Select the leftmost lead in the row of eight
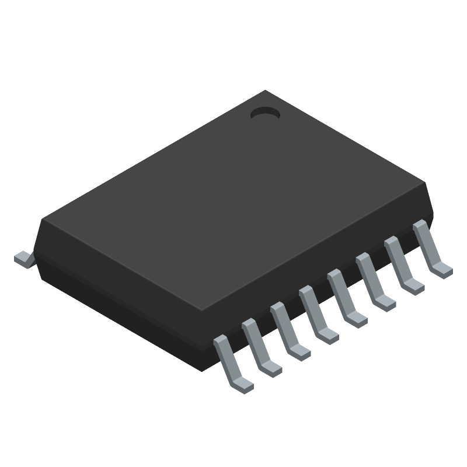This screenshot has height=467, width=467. pos(231,362)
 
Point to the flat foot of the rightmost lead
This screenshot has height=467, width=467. pos(442,269)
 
